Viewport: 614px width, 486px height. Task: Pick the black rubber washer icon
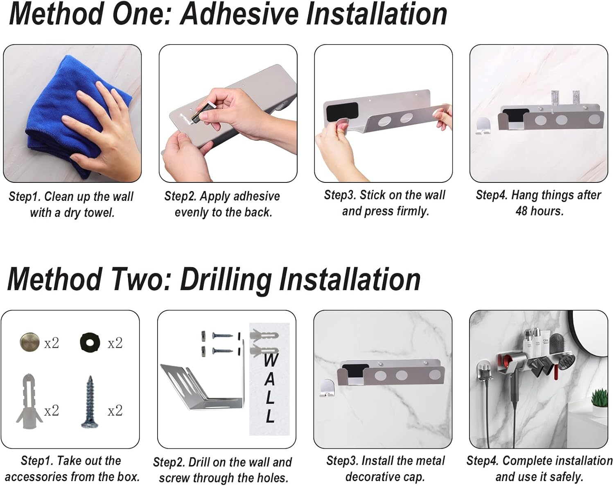90,342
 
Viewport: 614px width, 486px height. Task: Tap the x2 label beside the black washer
115,343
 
